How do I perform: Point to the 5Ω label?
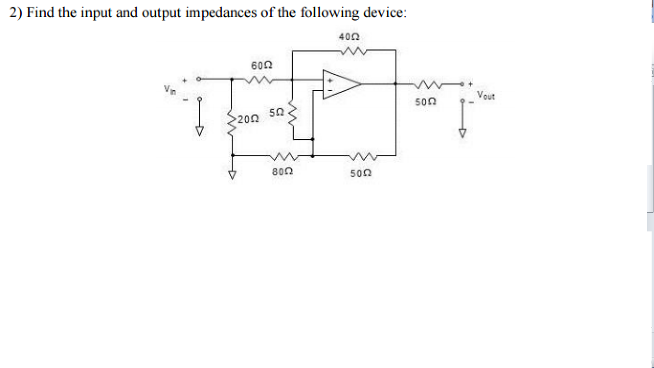[x=277, y=113]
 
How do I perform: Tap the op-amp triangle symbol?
[x=340, y=84]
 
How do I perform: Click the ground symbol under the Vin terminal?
[x=202, y=130]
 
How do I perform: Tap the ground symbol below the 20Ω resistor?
[x=233, y=175]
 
